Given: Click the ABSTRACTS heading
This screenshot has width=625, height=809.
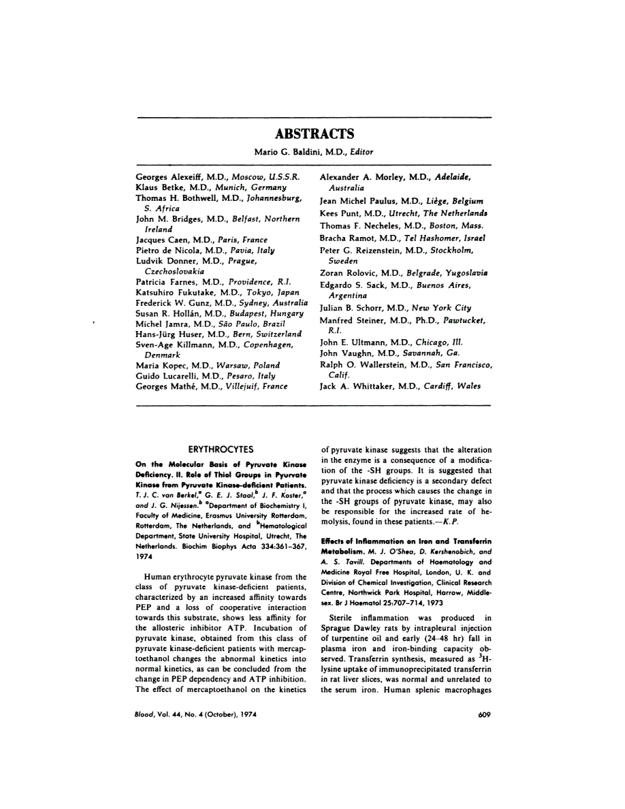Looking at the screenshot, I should pos(314,134).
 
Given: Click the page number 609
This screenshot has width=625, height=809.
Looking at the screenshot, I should pos(484,714).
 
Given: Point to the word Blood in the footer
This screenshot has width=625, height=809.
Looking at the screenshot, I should pos(146,714).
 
